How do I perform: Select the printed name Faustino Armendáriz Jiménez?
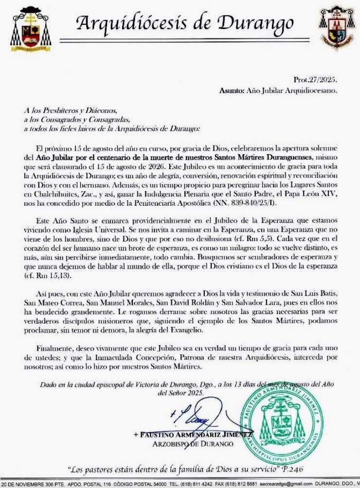192,435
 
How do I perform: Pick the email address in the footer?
289,484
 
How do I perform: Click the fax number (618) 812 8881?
249,484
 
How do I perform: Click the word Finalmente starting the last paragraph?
54,349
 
